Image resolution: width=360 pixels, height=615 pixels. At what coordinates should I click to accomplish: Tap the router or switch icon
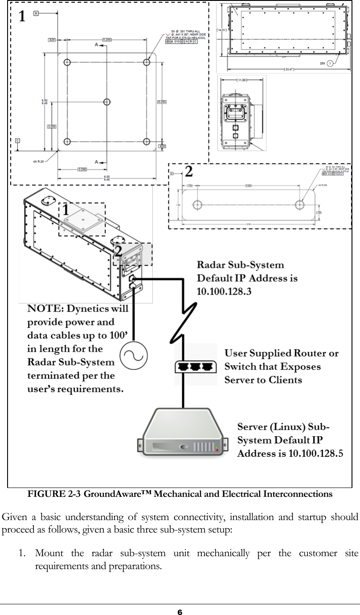point(195,366)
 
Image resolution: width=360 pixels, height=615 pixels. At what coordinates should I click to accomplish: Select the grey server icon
point(185,432)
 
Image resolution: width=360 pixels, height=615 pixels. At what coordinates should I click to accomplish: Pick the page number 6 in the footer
point(180,611)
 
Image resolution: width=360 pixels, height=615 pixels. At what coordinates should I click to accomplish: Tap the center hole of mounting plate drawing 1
point(106,102)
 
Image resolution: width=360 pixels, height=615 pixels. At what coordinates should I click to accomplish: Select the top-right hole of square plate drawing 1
point(146,62)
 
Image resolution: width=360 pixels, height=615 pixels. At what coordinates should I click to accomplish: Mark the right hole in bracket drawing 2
point(300,205)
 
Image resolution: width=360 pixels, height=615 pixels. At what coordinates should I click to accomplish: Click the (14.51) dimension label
point(222,30)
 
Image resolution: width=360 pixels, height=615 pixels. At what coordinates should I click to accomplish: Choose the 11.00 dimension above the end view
point(241,80)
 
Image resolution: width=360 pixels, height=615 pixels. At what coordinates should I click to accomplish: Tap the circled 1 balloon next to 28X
point(329,63)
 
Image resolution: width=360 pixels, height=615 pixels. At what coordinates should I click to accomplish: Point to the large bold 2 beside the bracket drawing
point(188,171)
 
